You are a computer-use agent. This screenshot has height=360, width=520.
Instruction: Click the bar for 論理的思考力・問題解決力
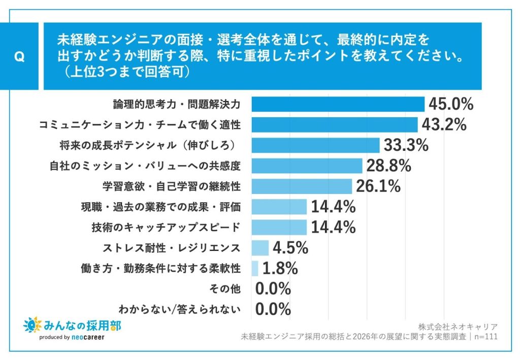pyautogui.click(x=338, y=104)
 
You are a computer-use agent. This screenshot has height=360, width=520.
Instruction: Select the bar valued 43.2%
pyautogui.click(x=334, y=125)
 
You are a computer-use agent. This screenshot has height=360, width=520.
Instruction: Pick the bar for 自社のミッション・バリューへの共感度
pyautogui.click(x=307, y=166)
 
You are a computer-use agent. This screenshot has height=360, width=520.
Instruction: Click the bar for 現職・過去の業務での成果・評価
pyautogui.click(x=279, y=207)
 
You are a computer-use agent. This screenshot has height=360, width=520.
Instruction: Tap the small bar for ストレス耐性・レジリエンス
pyautogui.click(x=259, y=248)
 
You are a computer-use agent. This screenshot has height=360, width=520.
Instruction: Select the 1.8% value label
pyautogui.click(x=280, y=268)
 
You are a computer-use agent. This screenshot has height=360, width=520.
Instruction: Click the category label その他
pyautogui.click(x=224, y=289)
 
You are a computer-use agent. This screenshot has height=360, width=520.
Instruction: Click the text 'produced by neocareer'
pyautogui.click(x=72, y=338)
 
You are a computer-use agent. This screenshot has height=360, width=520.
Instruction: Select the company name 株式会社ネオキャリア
pyautogui.click(x=458, y=326)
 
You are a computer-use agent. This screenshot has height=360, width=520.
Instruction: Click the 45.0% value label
pyautogui.click(x=451, y=105)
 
